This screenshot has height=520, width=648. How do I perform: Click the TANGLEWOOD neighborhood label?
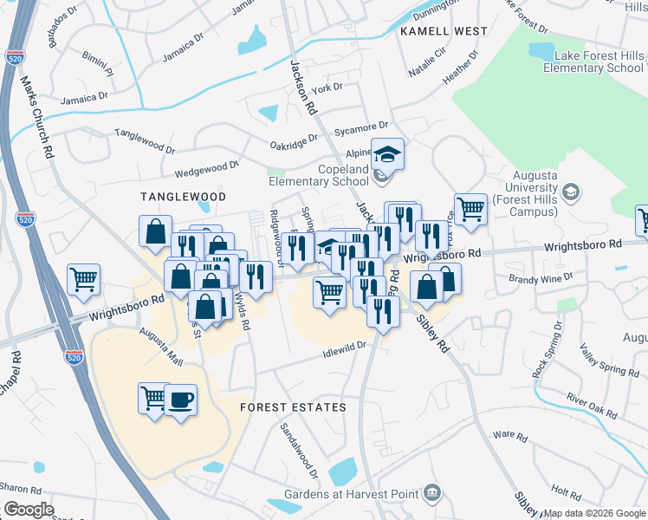click(x=184, y=197)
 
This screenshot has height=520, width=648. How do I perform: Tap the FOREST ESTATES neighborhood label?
click(x=293, y=406)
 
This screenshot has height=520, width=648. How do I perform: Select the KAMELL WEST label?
click(x=444, y=31)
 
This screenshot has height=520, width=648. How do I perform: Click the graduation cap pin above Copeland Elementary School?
click(x=387, y=153)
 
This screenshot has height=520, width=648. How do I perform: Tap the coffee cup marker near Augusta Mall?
click(x=180, y=400)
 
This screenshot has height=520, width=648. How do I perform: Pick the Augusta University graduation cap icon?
click(x=570, y=191)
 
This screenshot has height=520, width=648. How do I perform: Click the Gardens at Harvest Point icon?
click(x=432, y=494)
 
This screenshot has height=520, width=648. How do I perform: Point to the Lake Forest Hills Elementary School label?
click(x=599, y=62)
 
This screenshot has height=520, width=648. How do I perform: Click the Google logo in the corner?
click(x=29, y=510)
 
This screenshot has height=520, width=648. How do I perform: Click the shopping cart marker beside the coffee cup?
click(x=153, y=398)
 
